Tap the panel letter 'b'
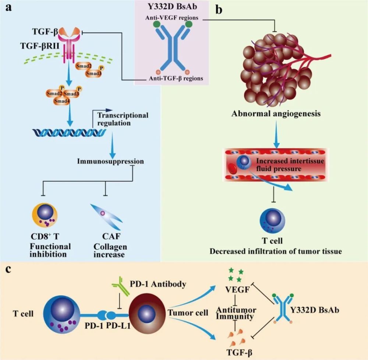coord(219,10)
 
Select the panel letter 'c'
coord(8,268)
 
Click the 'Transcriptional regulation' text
coord(122,119)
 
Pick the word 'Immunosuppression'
coord(111,161)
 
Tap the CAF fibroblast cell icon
coord(106,217)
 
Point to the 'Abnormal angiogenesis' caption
coord(276,113)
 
